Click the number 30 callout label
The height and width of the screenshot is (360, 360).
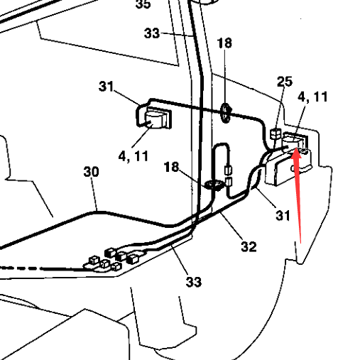91,172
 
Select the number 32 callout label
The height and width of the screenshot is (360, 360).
249,246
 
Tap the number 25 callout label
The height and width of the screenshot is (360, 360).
285,82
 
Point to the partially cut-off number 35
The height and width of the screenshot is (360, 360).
143,4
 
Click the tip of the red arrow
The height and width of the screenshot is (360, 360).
296,148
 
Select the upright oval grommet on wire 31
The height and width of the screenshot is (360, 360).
226,113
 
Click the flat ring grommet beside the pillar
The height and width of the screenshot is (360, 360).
214,185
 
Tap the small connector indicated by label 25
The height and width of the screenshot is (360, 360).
276,134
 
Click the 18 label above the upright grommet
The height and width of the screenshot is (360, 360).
224,43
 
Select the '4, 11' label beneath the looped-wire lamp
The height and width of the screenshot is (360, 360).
133,156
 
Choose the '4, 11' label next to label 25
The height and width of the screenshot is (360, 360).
312,97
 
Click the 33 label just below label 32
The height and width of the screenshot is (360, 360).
194,282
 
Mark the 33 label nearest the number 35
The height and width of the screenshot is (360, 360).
152,33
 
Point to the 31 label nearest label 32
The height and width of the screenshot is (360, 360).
283,216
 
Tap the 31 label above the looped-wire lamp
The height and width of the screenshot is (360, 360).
106,87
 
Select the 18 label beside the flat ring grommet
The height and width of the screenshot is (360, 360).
171,167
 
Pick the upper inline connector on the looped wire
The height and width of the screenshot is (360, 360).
229,170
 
